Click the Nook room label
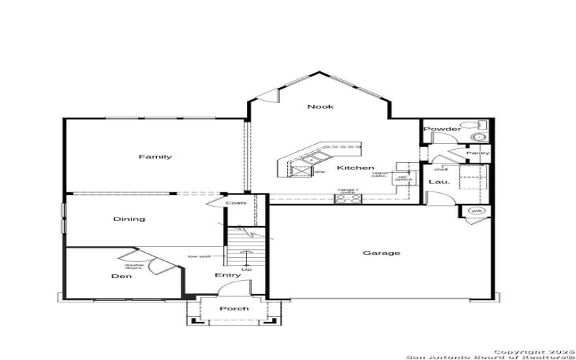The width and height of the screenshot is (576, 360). point(320,107)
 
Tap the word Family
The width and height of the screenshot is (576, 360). point(155,157)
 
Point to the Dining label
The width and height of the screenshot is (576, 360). point(129,219)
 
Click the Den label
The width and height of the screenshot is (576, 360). point(120,276)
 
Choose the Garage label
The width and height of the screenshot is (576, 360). point(382,253)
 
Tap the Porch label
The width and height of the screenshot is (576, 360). point(234,308)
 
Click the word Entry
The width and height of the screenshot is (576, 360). point(228,275)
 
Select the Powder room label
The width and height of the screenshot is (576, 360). point(442,129)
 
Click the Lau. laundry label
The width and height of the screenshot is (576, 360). point(439,182)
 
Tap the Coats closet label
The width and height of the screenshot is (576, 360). point(235,203)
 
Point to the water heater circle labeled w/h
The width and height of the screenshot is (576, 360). point(476,211)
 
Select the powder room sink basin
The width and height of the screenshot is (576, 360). point(477,137)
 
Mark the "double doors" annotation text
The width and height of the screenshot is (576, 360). point(135,266)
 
